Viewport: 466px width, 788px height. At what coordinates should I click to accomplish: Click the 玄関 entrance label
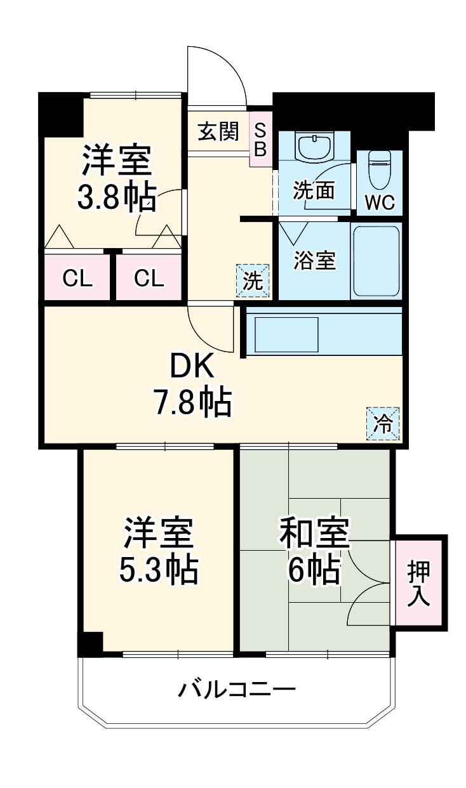(x=218, y=132)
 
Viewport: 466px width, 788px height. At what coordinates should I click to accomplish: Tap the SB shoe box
(x=261, y=140)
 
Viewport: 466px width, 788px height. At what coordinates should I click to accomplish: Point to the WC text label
(x=380, y=202)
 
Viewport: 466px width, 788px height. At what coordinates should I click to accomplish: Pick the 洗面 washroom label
(x=313, y=190)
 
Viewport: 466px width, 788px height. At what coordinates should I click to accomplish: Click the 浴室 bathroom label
(x=314, y=260)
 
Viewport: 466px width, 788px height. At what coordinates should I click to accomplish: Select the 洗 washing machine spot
(x=253, y=280)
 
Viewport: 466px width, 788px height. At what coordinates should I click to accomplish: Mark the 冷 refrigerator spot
(x=383, y=423)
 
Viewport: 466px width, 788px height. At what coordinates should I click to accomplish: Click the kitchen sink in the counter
(x=286, y=333)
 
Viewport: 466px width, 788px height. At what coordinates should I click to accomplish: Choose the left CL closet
(x=77, y=277)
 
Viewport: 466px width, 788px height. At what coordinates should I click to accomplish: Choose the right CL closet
(x=149, y=277)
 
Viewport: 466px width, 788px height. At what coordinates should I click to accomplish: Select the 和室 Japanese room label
(x=314, y=534)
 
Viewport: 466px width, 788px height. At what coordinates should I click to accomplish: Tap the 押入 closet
(x=418, y=582)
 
